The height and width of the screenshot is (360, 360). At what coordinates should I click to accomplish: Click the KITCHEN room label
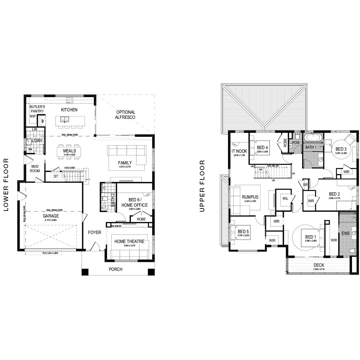tap(69, 110)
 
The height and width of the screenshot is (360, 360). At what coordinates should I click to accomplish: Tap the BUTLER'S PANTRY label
tap(37, 109)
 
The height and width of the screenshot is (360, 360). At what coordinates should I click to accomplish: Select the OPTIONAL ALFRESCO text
tap(125, 115)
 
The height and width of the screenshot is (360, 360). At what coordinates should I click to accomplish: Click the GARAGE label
tap(50, 216)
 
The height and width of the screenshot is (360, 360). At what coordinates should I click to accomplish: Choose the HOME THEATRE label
tap(129, 241)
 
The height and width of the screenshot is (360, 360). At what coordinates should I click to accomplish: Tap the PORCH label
tap(115, 269)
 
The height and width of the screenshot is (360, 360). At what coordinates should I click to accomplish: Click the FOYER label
tap(94, 232)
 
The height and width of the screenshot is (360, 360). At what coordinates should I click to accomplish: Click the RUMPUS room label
tap(250, 197)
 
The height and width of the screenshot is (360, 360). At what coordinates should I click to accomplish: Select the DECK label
tap(319, 265)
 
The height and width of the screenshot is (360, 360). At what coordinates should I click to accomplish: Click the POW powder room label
tap(296, 143)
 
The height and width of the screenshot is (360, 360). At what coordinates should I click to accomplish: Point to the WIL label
tap(285, 198)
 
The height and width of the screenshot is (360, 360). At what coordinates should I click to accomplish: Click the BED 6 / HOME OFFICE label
tap(134, 203)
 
